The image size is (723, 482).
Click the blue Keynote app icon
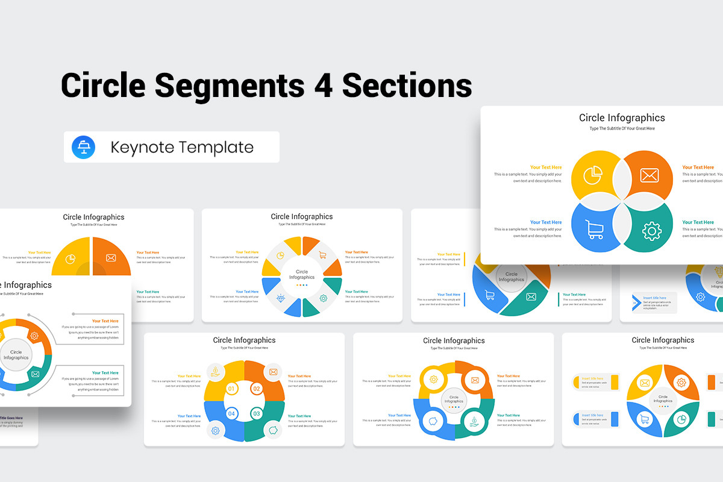click(x=84, y=148)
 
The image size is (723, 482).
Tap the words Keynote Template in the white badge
click(x=182, y=148)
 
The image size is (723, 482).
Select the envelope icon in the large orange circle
click(x=649, y=176)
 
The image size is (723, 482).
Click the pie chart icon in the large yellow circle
click(x=593, y=175)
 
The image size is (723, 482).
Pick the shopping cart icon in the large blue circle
click(x=594, y=229)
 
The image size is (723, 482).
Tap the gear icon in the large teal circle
click(x=651, y=231)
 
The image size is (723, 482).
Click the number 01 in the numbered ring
click(x=231, y=389)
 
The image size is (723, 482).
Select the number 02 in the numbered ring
click(x=257, y=389)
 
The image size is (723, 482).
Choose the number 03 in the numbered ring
click(x=257, y=414)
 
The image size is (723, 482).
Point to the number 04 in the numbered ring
click(x=231, y=414)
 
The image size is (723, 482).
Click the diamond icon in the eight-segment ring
click(x=280, y=298)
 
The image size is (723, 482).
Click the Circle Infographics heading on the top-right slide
click(x=622, y=118)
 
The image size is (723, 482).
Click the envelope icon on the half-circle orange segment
click(x=111, y=258)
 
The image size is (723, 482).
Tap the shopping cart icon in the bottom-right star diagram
click(x=644, y=419)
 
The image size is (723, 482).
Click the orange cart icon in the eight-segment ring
click(x=322, y=255)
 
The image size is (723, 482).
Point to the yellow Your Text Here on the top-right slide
click(x=545, y=167)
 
